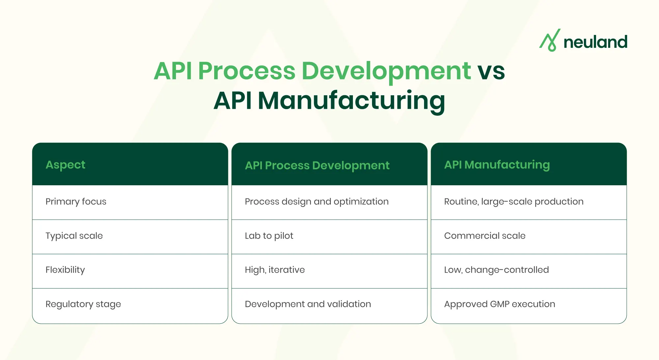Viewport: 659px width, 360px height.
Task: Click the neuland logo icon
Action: (550, 41)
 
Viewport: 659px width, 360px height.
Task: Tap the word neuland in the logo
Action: (595, 42)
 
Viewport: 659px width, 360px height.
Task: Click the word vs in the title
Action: (491, 71)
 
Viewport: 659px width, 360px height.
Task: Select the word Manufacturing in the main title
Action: (351, 101)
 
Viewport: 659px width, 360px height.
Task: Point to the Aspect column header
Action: (65, 165)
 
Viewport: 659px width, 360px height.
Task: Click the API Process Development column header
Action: (317, 165)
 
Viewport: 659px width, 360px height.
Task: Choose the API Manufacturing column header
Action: (497, 165)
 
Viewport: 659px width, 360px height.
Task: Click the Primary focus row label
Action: (76, 201)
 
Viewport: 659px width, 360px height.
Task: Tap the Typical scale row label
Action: (74, 236)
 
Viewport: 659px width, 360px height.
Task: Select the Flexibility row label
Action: (65, 270)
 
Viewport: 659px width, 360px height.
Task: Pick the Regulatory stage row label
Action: (83, 304)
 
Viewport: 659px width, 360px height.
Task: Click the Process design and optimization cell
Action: (317, 201)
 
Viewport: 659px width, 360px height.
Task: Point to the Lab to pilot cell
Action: (269, 236)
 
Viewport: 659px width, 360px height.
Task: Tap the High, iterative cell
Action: (275, 270)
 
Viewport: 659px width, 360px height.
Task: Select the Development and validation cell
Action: (308, 304)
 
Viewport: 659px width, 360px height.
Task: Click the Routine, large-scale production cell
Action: (514, 201)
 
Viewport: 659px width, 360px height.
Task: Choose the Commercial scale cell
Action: (485, 236)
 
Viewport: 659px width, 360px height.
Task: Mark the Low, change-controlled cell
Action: (496, 270)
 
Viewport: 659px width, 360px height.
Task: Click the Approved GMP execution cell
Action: (500, 304)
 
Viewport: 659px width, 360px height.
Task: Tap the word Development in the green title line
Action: (386, 71)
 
